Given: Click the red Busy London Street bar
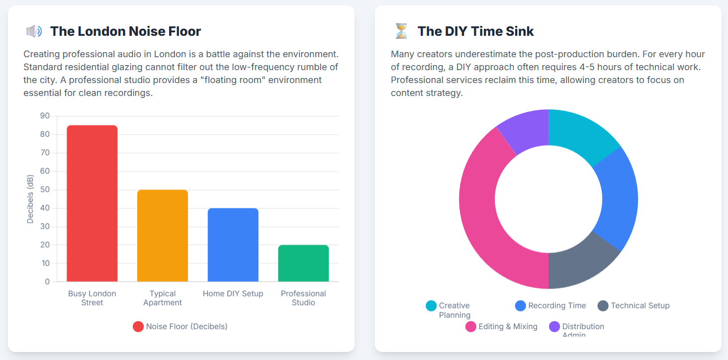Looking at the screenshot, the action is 92,203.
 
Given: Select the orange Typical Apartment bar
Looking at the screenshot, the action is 163,236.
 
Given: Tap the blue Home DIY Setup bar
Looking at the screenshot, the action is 233,245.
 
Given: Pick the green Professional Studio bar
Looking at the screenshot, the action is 303,263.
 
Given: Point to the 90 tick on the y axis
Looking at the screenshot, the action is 45,116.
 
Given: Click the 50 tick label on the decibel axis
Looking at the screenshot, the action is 45,189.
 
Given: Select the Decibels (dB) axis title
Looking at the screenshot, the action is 30,199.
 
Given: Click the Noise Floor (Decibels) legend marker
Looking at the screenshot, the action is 138,327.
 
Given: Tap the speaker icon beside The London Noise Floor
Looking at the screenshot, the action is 34,31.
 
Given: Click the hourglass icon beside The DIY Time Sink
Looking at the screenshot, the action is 401,31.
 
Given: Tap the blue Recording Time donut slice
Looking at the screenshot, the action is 618,199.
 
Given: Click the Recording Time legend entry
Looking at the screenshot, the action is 550,306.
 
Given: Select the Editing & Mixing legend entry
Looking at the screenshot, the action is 501,327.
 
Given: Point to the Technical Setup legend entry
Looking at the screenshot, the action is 634,306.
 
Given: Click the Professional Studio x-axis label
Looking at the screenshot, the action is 303,298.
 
